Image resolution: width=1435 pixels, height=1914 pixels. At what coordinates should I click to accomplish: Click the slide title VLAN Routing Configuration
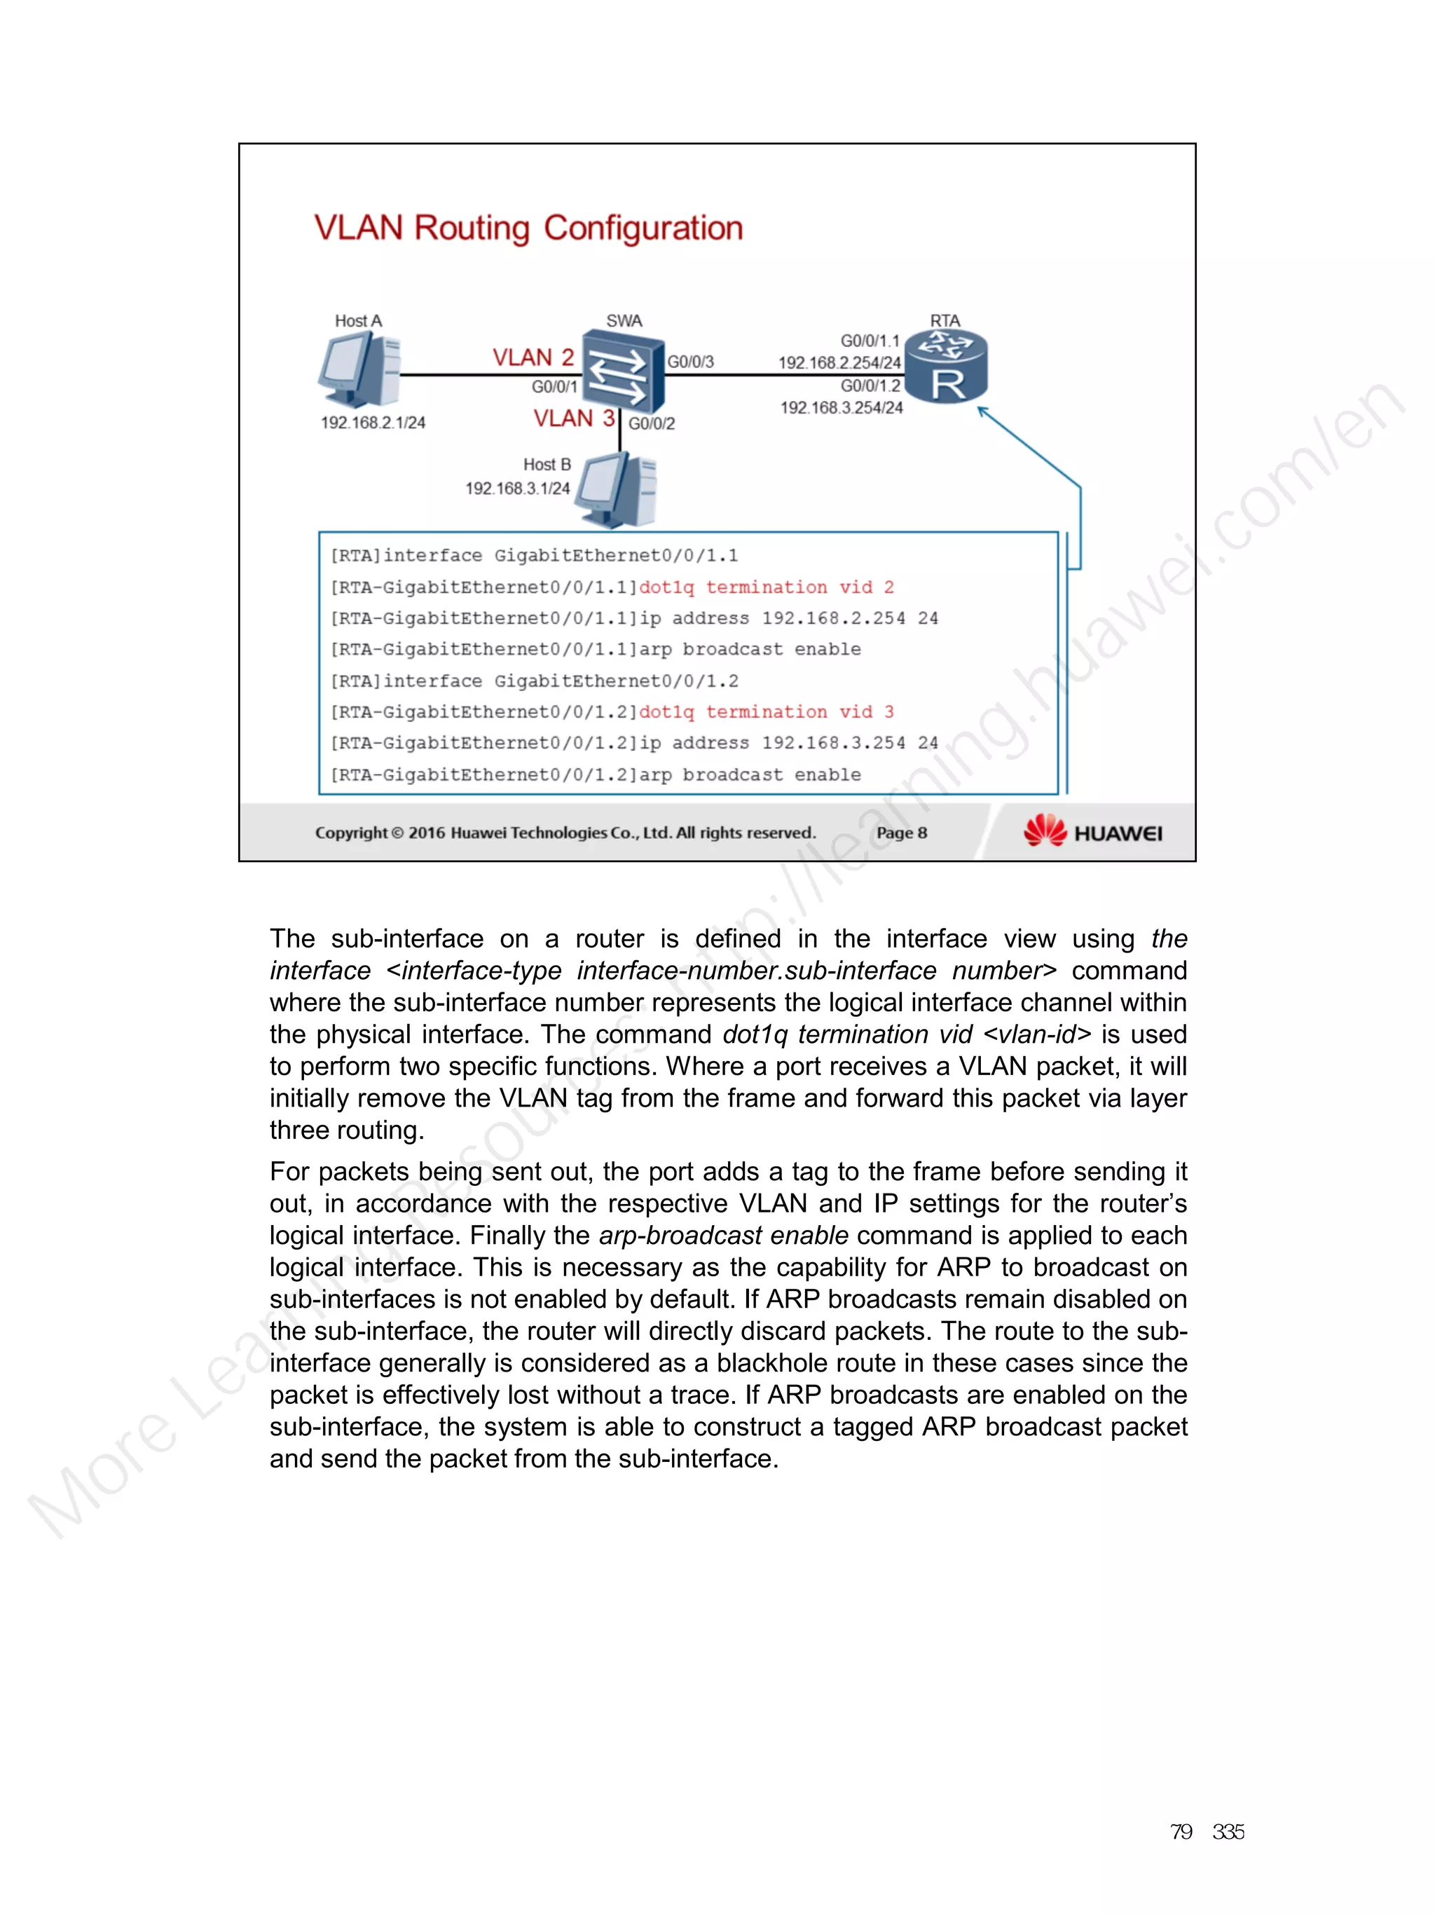click(x=528, y=228)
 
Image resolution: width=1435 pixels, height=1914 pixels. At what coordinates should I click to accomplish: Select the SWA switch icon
click(x=623, y=370)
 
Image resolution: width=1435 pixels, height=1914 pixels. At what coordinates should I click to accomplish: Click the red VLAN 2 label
click(x=533, y=357)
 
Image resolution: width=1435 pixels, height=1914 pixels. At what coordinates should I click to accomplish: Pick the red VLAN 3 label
click(x=573, y=419)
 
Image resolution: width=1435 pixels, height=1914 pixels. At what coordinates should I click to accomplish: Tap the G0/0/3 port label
click(x=690, y=362)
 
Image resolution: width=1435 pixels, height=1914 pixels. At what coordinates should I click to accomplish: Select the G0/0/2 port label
click(x=652, y=424)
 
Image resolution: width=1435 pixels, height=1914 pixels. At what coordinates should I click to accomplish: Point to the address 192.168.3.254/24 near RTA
click(x=841, y=408)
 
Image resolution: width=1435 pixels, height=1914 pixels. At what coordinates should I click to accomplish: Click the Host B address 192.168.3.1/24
click(x=517, y=489)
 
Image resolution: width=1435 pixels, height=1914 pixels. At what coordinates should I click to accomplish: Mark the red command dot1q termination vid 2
click(x=766, y=587)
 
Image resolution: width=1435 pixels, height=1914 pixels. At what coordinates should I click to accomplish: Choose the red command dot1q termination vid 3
click(x=766, y=712)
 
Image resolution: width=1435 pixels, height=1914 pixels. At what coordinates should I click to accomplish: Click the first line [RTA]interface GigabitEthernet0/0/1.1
click(x=534, y=556)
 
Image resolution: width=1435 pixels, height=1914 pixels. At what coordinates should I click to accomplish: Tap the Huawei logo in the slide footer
click(x=1092, y=833)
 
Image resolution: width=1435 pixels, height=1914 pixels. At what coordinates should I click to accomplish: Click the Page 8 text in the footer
click(x=901, y=833)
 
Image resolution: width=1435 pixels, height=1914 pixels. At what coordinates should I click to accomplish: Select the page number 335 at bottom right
click(x=1228, y=1832)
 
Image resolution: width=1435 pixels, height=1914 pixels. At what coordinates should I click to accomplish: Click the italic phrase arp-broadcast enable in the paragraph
click(x=723, y=1236)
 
